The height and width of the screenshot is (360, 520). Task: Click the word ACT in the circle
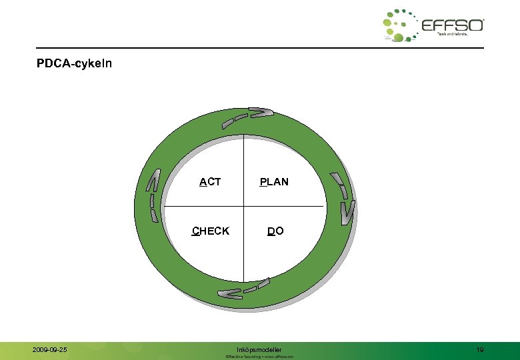[x=210, y=181]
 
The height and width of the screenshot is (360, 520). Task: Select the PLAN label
[x=274, y=181]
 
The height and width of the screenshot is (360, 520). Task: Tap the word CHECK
[x=211, y=231]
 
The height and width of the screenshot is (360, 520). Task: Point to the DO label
[x=275, y=231]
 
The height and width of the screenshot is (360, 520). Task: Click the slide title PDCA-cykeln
[x=75, y=64]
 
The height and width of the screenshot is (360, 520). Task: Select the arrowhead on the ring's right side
[x=347, y=212]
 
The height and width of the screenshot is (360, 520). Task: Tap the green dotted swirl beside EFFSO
[x=399, y=25]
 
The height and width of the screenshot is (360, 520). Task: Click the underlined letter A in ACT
[x=203, y=181]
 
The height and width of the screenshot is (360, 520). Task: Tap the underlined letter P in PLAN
[x=263, y=181]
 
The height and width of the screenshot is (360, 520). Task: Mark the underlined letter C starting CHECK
[x=195, y=231]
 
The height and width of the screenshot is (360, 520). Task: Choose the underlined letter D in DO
[x=271, y=231]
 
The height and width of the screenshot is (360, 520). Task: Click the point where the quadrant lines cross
[x=244, y=206]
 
